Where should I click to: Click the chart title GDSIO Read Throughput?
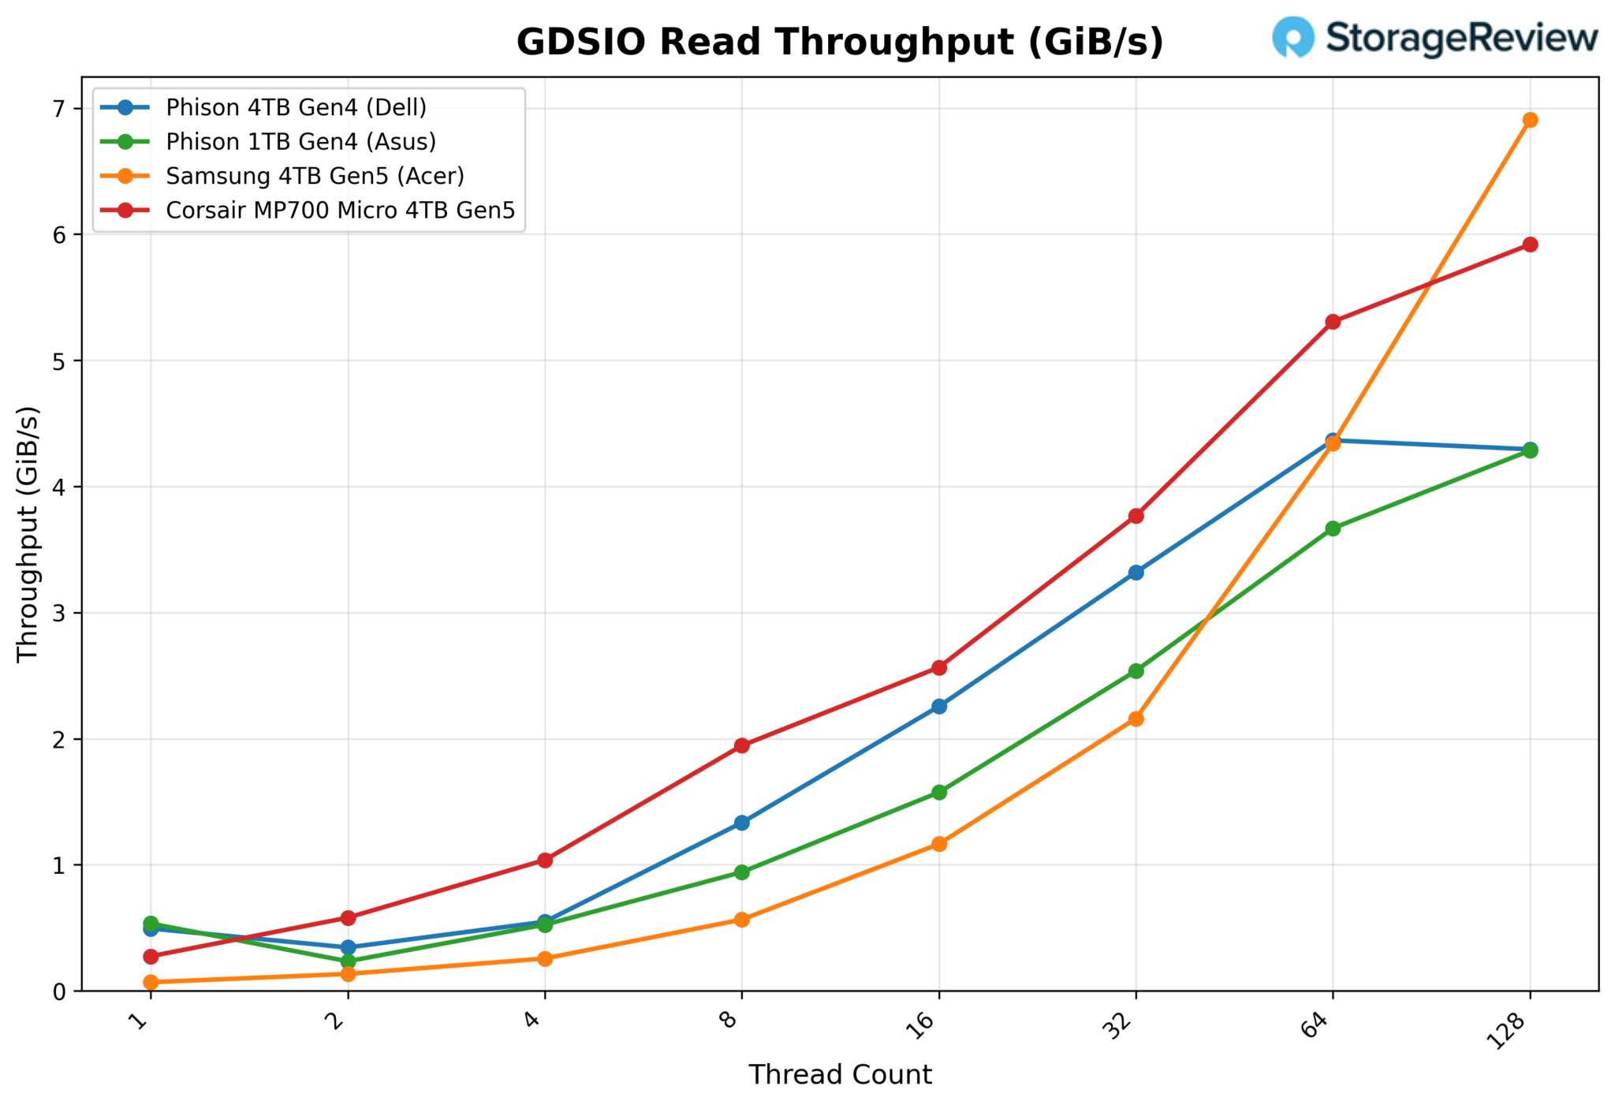click(x=839, y=43)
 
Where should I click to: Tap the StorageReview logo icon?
click(x=1293, y=37)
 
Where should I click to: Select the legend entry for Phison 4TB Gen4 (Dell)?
click(x=296, y=107)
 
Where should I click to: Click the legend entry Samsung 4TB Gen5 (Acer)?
click(x=315, y=176)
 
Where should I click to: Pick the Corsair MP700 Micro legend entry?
click(x=340, y=211)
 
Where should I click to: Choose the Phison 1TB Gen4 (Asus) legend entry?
click(x=300, y=142)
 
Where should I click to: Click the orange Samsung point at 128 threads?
click(x=1530, y=120)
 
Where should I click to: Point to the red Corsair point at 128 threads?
click(x=1530, y=245)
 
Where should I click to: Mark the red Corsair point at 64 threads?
click(x=1333, y=322)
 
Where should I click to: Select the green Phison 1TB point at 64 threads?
click(x=1333, y=528)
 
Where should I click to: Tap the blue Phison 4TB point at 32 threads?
click(x=1136, y=573)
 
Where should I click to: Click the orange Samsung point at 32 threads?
click(x=1136, y=719)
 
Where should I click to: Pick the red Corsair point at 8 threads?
click(x=741, y=745)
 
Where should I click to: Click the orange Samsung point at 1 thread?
click(x=151, y=982)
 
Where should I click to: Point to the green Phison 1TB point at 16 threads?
click(x=938, y=792)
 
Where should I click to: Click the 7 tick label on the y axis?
click(x=60, y=109)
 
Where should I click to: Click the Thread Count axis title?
click(x=839, y=1075)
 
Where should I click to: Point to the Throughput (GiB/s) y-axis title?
click(x=28, y=534)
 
